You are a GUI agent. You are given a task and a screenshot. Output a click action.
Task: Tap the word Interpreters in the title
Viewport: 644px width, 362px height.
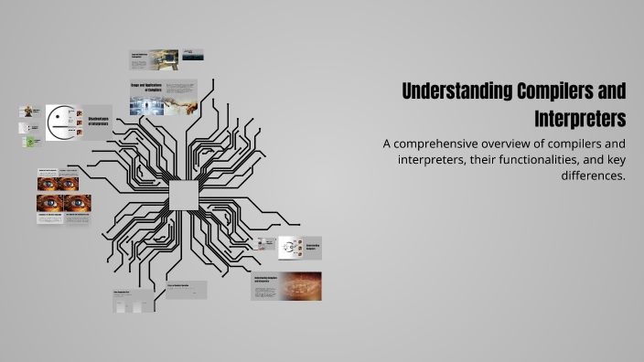point(580,120)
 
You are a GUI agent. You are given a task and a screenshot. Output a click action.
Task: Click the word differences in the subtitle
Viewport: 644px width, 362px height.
point(593,176)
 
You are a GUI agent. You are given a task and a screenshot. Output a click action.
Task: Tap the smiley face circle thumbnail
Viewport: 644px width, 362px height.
point(60,122)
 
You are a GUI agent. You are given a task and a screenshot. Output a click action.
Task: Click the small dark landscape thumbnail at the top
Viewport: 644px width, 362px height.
point(193,56)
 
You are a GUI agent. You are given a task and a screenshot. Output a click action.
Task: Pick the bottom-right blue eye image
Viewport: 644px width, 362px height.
point(77,203)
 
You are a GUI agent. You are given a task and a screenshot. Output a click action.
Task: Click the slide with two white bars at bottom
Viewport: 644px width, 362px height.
point(134,302)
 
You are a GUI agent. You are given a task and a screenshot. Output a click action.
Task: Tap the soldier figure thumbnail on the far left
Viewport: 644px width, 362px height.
point(29,112)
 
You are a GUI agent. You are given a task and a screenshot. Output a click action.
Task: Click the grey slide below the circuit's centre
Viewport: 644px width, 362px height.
point(186,290)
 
